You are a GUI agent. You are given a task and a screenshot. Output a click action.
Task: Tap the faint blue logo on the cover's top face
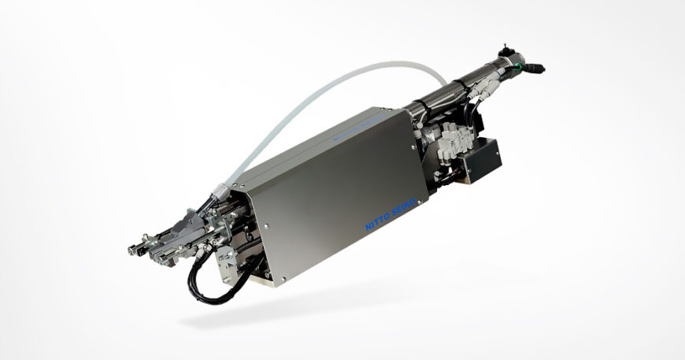coord(359,127)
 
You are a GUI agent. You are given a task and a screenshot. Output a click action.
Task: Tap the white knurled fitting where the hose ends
coord(219,191)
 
